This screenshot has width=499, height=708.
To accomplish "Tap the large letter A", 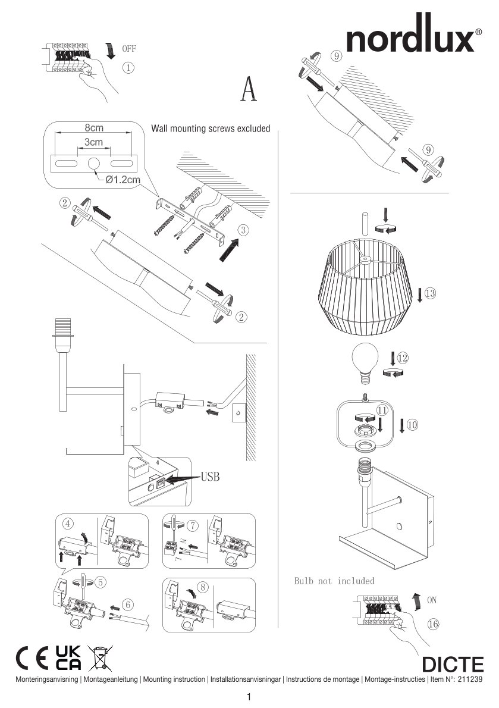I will click(249, 89).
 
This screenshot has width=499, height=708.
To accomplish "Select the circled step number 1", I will click(128, 67).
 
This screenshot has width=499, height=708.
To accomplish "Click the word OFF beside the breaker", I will click(130, 48).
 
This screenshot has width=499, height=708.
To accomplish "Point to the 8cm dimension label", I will click(93, 128).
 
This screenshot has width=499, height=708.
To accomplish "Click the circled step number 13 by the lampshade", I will click(430, 293).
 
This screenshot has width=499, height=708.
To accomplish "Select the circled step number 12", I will click(403, 358).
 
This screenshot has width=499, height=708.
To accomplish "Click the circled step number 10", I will click(413, 424).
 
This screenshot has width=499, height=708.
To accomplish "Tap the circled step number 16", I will click(433, 624).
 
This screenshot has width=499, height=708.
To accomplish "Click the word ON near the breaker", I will click(433, 601).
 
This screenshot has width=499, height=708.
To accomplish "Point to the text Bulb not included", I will click(334, 580).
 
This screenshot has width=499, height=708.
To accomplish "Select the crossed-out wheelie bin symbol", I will click(100, 659).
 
